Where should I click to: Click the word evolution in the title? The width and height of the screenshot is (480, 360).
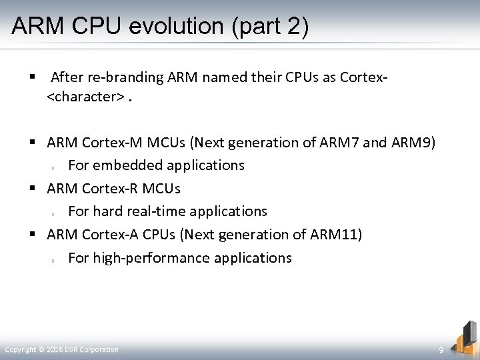tap(172, 26)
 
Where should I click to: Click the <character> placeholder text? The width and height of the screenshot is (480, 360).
tap(85, 97)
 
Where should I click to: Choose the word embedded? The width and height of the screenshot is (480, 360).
tap(124, 165)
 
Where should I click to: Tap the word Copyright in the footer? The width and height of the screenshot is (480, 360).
tap(20, 349)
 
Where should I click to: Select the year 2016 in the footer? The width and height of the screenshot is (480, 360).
tap(57, 349)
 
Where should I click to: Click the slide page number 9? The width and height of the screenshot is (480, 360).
tap(441, 350)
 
